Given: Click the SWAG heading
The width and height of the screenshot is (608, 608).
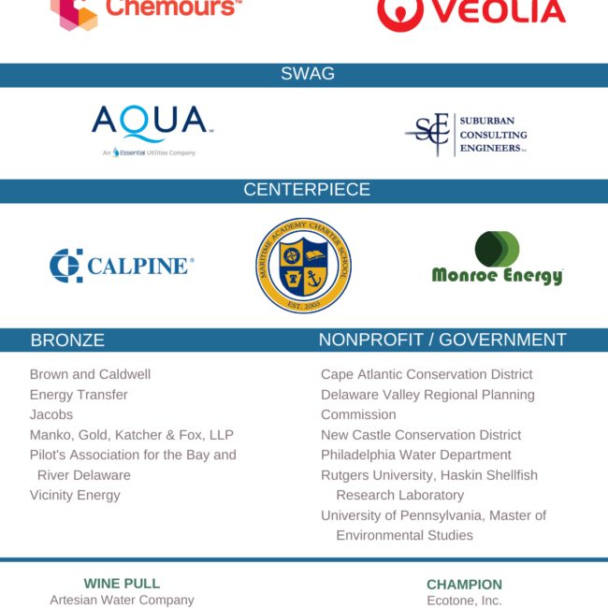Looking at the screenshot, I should pyautogui.click(x=308, y=74).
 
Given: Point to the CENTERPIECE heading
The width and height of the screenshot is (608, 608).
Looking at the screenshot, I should pyautogui.click(x=307, y=190).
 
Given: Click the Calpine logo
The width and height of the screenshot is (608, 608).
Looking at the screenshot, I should pyautogui.click(x=122, y=266).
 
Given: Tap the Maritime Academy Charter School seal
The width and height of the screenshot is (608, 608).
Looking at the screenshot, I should pyautogui.click(x=304, y=266).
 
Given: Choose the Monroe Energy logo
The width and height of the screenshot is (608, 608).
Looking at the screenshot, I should pyautogui.click(x=497, y=259).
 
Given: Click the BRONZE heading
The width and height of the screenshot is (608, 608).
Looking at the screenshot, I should pyautogui.click(x=67, y=340).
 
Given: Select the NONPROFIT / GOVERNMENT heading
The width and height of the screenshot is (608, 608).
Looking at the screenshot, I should pyautogui.click(x=442, y=340).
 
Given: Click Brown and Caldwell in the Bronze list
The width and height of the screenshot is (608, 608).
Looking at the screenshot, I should pyautogui.click(x=90, y=374).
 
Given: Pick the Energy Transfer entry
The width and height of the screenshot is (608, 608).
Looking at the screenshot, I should pyautogui.click(x=79, y=395).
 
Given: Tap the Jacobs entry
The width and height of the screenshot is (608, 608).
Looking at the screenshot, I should pyautogui.click(x=51, y=414).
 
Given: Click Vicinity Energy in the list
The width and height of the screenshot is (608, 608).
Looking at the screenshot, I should pyautogui.click(x=75, y=495).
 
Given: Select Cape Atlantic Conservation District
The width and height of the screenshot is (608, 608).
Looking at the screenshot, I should pyautogui.click(x=427, y=374).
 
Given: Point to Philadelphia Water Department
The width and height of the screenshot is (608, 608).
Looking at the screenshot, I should pyautogui.click(x=416, y=455).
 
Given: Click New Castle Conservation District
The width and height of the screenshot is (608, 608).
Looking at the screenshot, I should pyautogui.click(x=421, y=435).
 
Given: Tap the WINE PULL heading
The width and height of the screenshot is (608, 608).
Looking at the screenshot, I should pyautogui.click(x=122, y=584).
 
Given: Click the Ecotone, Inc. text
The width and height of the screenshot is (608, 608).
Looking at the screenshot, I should pyautogui.click(x=464, y=601).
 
